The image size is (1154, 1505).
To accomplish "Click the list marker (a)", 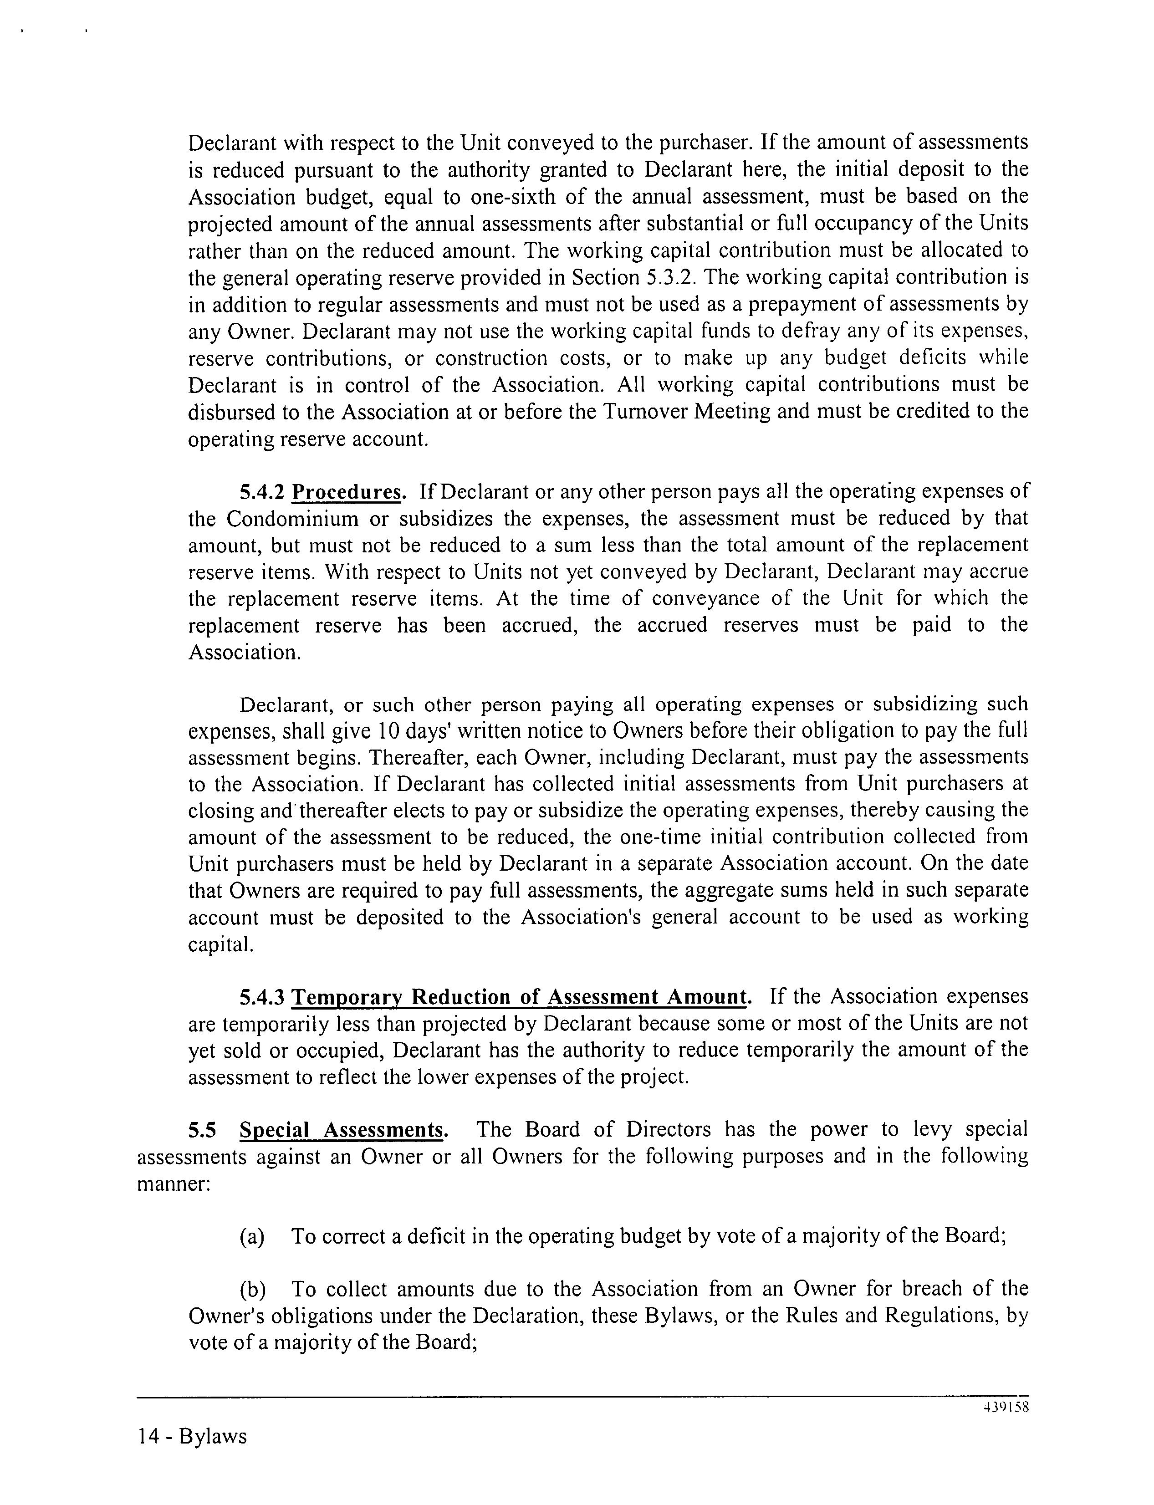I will [x=252, y=1236].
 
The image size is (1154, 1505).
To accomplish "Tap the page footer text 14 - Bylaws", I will [x=192, y=1436].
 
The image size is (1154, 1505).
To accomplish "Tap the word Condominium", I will [x=293, y=519].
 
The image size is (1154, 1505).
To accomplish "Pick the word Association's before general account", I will [x=581, y=918].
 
